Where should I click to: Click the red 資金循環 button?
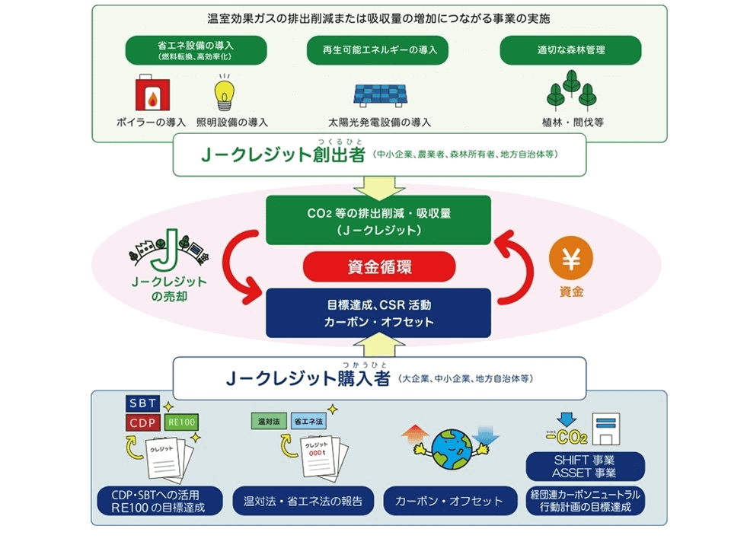[x=379, y=267]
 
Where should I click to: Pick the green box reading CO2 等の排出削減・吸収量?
[x=379, y=219]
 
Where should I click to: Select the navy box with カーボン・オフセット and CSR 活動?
[x=379, y=313]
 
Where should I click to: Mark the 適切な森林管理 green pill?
[x=571, y=50]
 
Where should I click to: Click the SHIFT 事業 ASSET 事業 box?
[x=586, y=467]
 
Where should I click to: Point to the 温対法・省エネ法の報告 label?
[x=305, y=501]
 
